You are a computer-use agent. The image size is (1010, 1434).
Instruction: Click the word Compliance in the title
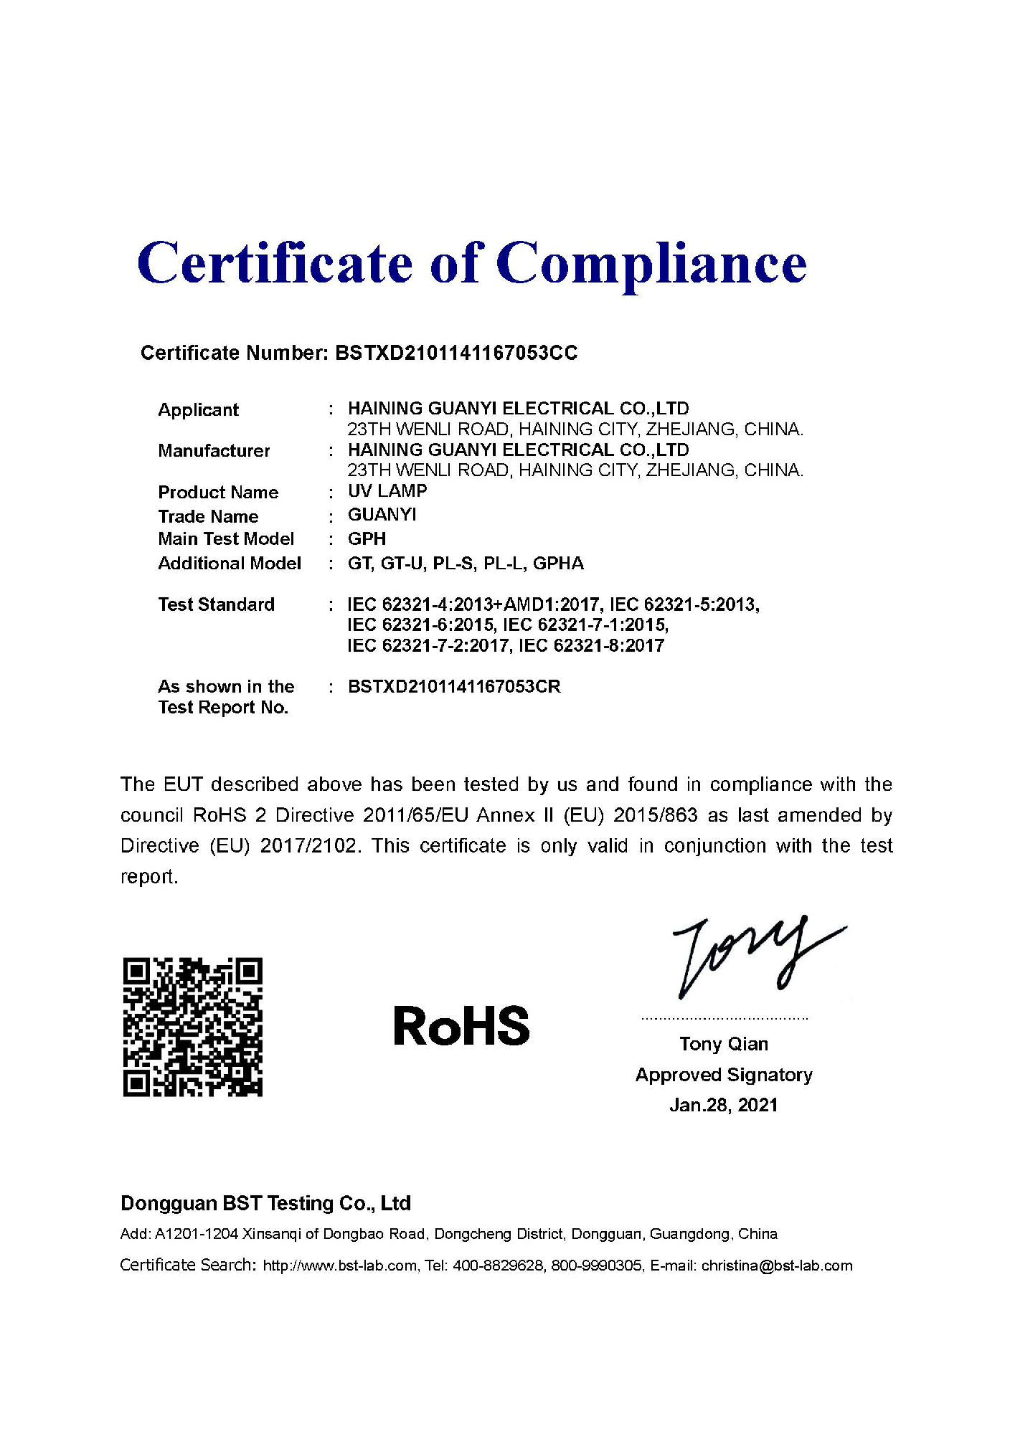651,264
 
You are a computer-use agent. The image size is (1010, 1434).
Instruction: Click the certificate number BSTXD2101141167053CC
456,353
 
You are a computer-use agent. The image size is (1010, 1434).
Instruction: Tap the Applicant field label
198,410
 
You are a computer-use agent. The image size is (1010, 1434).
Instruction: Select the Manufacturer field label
214,451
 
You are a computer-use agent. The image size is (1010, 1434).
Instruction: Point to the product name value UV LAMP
387,491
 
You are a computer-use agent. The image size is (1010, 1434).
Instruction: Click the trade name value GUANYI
382,515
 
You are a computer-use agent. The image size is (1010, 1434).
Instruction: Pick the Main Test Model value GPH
367,538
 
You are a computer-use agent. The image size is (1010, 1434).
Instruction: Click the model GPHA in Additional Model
558,564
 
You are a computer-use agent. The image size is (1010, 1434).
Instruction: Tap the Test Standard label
216,604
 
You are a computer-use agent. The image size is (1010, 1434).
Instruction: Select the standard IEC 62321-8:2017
591,645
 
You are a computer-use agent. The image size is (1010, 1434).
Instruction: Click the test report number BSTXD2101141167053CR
454,687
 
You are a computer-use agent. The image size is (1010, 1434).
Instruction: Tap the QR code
192,1026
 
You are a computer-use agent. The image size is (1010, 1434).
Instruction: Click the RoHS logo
461,1026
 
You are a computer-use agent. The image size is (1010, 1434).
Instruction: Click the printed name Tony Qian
724,1044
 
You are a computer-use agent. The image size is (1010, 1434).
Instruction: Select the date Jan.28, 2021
724,1105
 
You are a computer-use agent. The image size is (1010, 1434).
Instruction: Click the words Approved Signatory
724,1075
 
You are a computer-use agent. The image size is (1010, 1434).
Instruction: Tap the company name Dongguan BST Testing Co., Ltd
265,1203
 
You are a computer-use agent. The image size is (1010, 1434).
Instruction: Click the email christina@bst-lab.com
777,1266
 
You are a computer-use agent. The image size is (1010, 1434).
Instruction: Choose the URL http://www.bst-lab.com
339,1266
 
